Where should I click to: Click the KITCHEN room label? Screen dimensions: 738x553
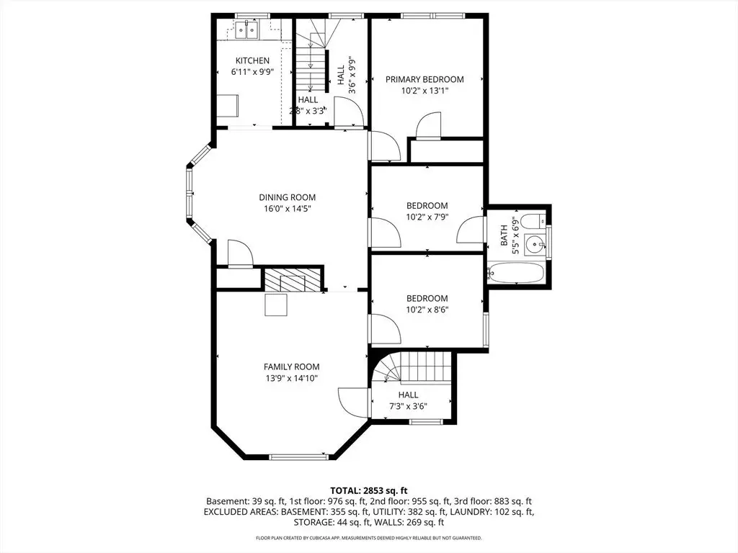pos(252,60)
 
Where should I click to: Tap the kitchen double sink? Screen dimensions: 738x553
pos(246,30)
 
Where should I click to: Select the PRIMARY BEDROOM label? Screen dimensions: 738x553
pos(424,79)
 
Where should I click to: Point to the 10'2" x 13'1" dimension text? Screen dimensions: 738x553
pos(424,91)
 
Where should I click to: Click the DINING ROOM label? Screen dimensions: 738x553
pos(287,197)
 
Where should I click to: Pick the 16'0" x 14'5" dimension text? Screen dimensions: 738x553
pos(287,209)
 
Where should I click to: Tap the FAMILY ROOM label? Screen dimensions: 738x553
pos(291,367)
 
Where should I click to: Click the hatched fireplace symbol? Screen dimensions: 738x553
pos(293,280)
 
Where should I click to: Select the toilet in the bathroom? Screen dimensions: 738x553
pos(535,220)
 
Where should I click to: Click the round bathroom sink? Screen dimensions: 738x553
pos(535,243)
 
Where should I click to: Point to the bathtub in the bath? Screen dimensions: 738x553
pos(516,273)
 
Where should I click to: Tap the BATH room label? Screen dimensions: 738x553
pos(504,235)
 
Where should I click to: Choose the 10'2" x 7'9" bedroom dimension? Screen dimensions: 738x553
pos(427,217)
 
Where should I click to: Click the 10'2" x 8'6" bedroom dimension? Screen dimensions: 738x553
pos(427,310)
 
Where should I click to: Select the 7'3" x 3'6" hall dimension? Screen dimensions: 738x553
pos(408,406)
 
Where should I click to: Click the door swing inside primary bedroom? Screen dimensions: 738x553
pos(429,125)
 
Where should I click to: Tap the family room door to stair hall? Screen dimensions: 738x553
pos(353,401)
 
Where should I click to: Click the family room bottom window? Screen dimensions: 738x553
pos(298,456)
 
